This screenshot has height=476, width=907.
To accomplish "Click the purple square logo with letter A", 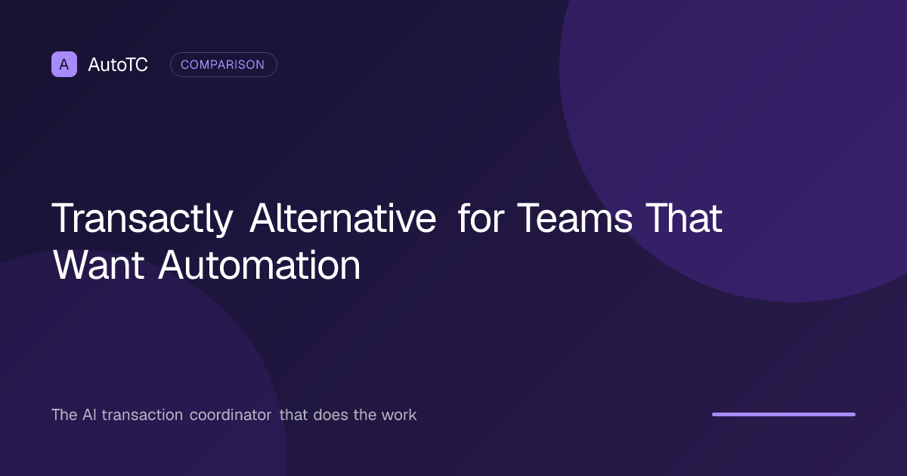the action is pyautogui.click(x=64, y=64).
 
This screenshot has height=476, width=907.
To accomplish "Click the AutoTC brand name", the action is pyautogui.click(x=118, y=65).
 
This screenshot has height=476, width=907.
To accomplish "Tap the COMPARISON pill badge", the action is pyautogui.click(x=224, y=64).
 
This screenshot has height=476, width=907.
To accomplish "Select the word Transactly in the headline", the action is pyautogui.click(x=142, y=219).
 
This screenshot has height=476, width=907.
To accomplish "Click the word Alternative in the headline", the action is pyautogui.click(x=343, y=218).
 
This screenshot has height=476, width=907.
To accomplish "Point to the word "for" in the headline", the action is pyautogui.click(x=481, y=218).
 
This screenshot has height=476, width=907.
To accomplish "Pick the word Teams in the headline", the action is pyautogui.click(x=574, y=218).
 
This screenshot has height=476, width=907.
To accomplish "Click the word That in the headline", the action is pyautogui.click(x=684, y=218).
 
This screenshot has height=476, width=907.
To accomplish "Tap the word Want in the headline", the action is pyautogui.click(x=99, y=265).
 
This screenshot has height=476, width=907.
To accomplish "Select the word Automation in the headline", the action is pyautogui.click(x=259, y=265).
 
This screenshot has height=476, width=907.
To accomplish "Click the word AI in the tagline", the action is pyautogui.click(x=89, y=415).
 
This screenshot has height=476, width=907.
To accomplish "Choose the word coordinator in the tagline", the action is pyautogui.click(x=231, y=415).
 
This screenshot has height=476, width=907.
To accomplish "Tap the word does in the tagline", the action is pyautogui.click(x=330, y=415).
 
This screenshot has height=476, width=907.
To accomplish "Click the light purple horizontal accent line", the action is pyautogui.click(x=784, y=414).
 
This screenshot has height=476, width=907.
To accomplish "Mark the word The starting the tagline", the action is pyautogui.click(x=64, y=415).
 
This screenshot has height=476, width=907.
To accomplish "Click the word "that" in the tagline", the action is pyautogui.click(x=293, y=415).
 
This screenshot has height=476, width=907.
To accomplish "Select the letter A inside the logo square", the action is pyautogui.click(x=64, y=64).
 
